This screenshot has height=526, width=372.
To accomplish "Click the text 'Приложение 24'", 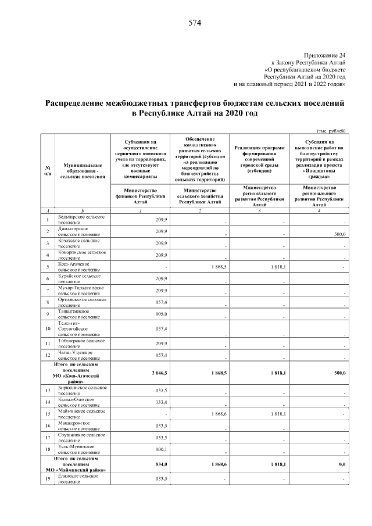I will coord(325,53).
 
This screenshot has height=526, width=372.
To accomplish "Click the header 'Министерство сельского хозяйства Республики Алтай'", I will coord(199,196).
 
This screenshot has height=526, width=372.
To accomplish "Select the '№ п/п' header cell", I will coord(47,170).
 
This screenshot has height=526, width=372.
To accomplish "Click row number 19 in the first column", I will coord(47,479).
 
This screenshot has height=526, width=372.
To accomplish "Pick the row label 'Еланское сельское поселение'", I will coord(78,479).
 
